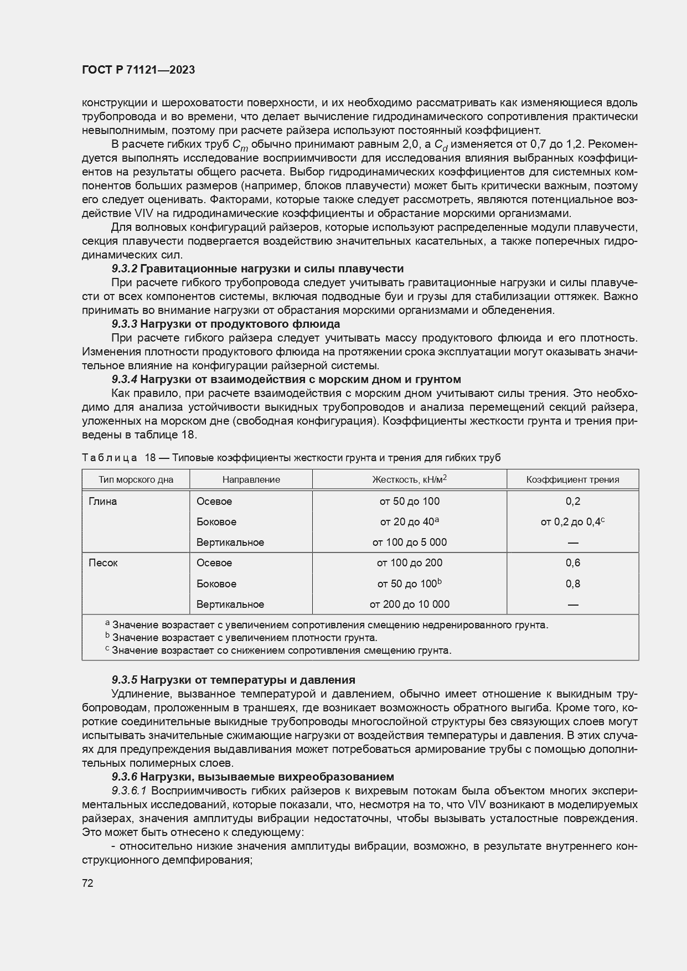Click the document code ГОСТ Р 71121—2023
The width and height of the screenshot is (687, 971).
tap(138, 70)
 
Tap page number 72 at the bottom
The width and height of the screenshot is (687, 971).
tap(87, 883)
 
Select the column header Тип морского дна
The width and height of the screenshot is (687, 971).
tap(136, 479)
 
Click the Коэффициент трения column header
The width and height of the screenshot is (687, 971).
tap(572, 479)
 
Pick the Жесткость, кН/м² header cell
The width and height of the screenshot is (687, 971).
tap(409, 479)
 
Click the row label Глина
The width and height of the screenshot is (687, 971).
tap(103, 501)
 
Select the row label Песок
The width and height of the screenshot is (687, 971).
tap(103, 562)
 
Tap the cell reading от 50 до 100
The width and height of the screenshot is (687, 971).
tap(409, 501)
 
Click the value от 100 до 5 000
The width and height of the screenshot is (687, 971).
tap(409, 542)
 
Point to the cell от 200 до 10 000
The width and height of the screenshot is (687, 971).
tap(409, 604)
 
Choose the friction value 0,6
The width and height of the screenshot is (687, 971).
tap(572, 562)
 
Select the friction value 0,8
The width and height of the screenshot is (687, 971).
tap(572, 583)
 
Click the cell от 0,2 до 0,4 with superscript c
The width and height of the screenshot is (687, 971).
tap(572, 521)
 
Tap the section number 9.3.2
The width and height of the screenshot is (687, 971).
tap(124, 268)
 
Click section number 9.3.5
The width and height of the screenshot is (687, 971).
tap(124, 680)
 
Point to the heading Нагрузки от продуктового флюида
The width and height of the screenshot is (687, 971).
tap(240, 324)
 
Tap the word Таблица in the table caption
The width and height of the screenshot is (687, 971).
tap(110, 458)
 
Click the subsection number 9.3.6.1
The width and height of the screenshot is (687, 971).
tap(131, 791)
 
